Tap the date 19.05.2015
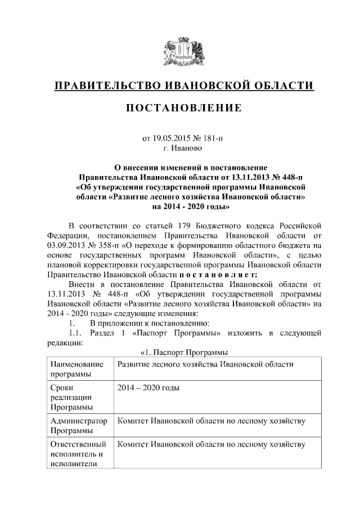pos(171,138)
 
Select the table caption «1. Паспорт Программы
pos(183,353)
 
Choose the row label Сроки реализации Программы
pos(70,397)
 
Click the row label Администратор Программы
pos(78,426)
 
